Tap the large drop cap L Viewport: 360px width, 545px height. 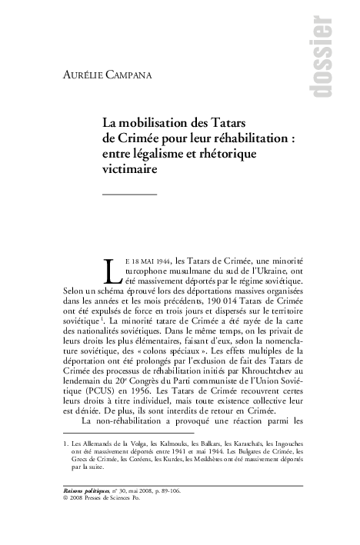(112, 271)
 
